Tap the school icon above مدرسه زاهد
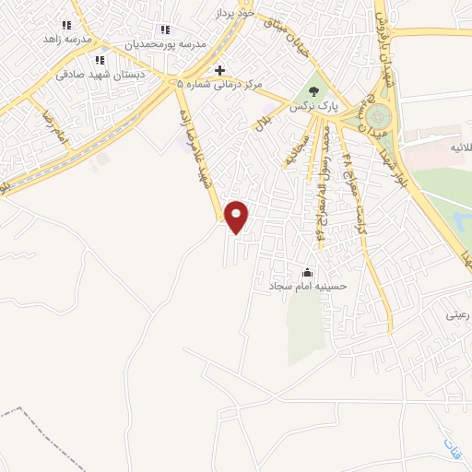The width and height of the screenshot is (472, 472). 66,26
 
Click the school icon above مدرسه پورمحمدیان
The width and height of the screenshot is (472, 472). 165,29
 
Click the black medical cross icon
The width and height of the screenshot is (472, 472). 219,70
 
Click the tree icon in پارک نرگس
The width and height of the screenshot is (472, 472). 313,91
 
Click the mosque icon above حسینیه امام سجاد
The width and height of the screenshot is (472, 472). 308,272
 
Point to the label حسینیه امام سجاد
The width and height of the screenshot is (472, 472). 308,287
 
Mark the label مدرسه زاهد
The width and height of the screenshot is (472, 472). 66,41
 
